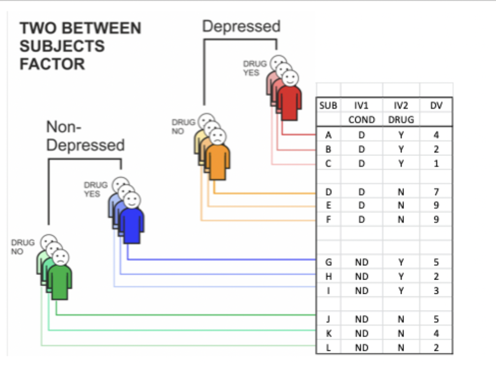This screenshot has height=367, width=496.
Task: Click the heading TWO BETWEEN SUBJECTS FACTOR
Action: click(x=80, y=46)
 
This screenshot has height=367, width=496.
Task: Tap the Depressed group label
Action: click(x=241, y=26)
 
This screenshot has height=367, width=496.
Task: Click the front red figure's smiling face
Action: click(x=290, y=78)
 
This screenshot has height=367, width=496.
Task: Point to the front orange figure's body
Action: click(x=218, y=161)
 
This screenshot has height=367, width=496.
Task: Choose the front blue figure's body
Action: click(x=132, y=225)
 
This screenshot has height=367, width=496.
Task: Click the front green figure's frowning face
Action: click(x=60, y=257)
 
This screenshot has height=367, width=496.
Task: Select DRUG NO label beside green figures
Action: click(x=23, y=247)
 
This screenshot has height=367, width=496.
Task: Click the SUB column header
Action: click(x=328, y=106)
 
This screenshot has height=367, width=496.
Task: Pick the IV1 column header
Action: click(x=361, y=106)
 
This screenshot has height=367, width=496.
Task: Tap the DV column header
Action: click(x=436, y=106)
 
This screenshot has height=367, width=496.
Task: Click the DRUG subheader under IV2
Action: click(x=400, y=120)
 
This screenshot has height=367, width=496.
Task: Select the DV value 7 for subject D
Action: click(x=436, y=192)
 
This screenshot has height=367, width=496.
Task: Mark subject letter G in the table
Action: click(x=328, y=262)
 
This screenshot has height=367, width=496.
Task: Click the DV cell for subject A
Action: click(x=436, y=135)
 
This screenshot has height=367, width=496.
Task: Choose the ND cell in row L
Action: click(x=361, y=348)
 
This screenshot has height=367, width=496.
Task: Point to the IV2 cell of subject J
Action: click(x=400, y=319)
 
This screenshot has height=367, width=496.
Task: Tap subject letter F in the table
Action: click(x=328, y=220)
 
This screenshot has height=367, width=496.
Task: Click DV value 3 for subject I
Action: click(x=436, y=291)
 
